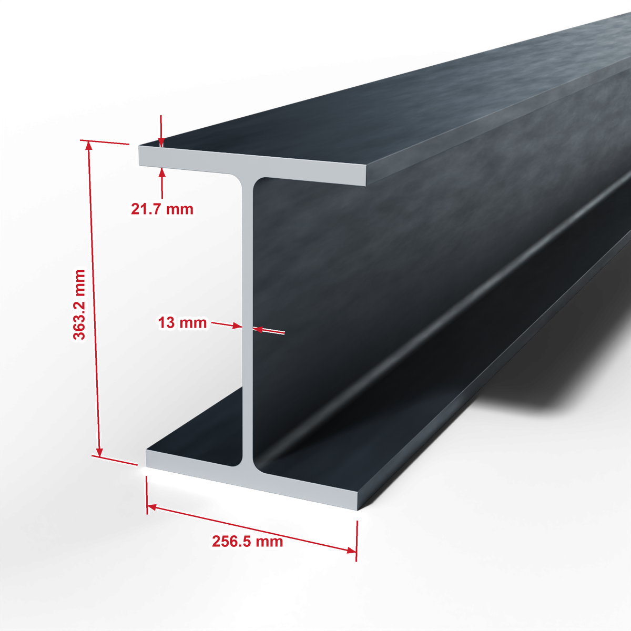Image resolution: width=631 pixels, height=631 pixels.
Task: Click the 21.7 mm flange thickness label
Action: coord(162,209)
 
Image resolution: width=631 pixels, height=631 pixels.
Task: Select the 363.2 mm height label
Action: coord(79,304)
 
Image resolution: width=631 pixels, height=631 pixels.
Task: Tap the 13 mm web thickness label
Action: coord(182,323)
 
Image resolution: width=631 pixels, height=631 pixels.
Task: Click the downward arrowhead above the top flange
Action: coord(161,143)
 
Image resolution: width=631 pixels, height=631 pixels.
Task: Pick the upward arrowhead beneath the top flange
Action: coord(162,171)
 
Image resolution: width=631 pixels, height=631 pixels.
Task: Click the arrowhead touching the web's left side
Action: coord(237,326)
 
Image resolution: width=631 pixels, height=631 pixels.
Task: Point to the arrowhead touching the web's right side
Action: coord(258,329)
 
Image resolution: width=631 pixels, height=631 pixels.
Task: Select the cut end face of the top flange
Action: coord(252,165)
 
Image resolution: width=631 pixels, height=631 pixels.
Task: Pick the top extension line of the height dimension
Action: coord(105,142)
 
